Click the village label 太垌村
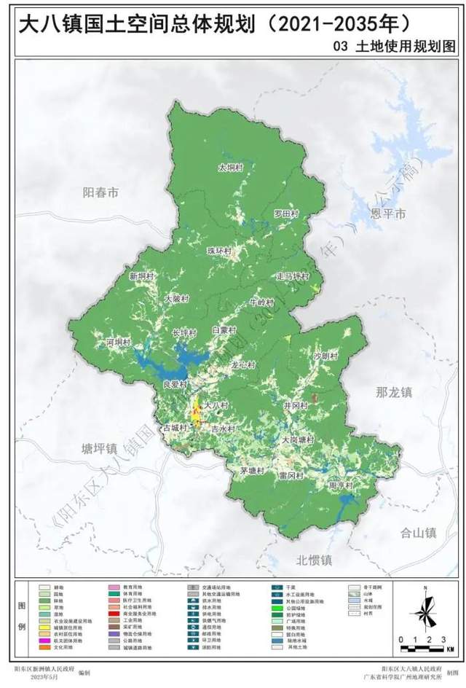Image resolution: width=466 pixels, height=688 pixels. pos(229,168)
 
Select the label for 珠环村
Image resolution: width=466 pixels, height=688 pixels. pos(219,251)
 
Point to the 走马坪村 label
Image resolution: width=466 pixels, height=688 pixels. pos(293,277)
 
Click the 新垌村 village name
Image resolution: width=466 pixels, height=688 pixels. pos(142,277)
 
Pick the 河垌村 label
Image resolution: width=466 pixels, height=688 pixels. pos(117,341)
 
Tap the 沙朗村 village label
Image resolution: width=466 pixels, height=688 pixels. pos(325,356)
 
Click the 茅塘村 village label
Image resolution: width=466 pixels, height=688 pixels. pos(252,472)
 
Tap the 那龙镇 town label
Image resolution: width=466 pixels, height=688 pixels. pos(394,393)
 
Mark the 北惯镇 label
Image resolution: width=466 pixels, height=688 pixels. pos(314,560)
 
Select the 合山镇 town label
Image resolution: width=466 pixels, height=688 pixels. pos(418,533)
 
